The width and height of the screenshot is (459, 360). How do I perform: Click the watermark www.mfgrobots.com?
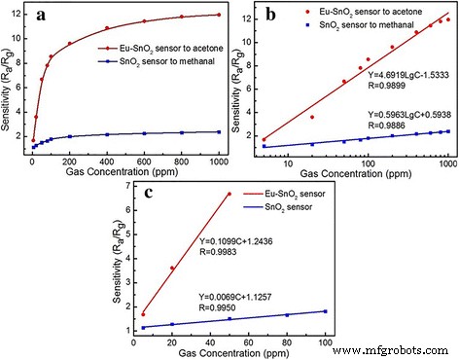point(402,346)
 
